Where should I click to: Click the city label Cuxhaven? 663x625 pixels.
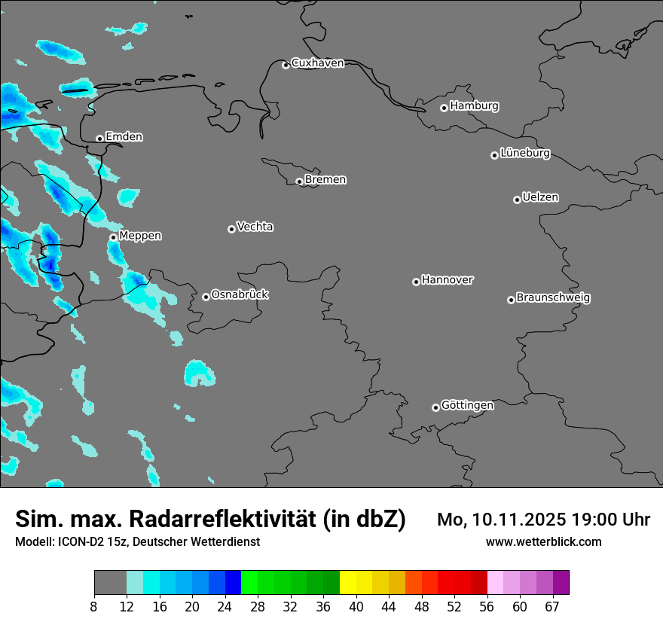(317, 62)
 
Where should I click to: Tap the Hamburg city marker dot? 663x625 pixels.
(444, 108)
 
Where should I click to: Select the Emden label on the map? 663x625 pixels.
(124, 136)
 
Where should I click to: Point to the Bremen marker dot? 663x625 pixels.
(299, 181)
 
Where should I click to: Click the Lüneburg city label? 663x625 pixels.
(524, 153)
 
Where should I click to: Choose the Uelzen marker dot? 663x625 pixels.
(517, 200)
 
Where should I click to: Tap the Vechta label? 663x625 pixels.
(255, 227)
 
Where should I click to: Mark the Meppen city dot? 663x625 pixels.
(113, 237)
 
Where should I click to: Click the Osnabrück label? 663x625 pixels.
(240, 294)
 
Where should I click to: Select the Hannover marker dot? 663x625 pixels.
(416, 282)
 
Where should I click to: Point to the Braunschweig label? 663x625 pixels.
(553, 297)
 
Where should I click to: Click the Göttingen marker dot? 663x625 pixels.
(435, 407)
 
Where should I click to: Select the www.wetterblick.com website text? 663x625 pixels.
(543, 541)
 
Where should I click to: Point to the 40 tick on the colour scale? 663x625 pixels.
(356, 605)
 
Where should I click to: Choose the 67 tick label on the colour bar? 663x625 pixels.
(552, 605)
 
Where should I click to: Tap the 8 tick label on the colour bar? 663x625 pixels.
(94, 605)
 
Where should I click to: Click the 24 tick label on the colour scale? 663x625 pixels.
(225, 605)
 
